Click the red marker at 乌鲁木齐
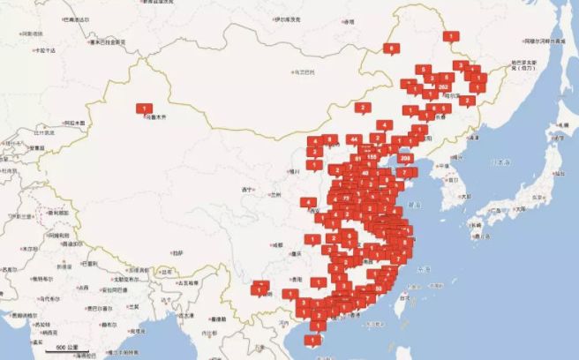142,108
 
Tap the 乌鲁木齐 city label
156,116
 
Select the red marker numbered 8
389,48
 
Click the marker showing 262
444,86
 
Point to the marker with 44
353,139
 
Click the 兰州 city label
275,194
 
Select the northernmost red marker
451,36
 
